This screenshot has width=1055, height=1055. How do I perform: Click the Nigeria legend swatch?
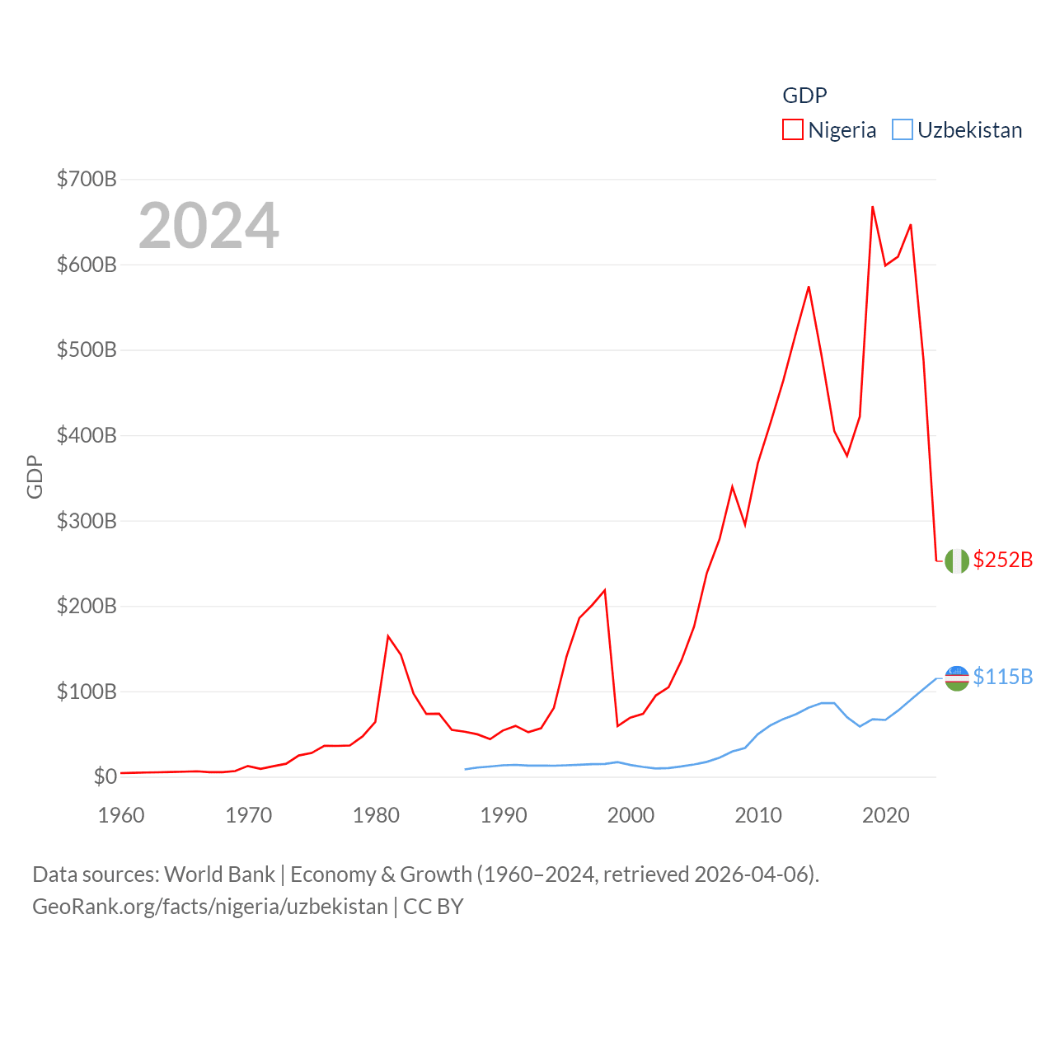click(x=792, y=130)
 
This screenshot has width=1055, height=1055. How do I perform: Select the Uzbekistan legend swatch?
click(x=903, y=130)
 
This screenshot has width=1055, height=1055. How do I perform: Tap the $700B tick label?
click(x=87, y=179)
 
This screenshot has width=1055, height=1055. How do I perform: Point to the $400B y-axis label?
click(x=87, y=435)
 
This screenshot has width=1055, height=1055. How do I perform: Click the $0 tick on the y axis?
click(x=105, y=776)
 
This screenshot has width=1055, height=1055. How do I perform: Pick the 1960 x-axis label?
click(x=121, y=815)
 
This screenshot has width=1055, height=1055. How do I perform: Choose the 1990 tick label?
click(x=504, y=815)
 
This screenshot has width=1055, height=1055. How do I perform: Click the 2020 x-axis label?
click(x=885, y=815)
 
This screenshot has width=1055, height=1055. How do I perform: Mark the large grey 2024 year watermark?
click(x=209, y=225)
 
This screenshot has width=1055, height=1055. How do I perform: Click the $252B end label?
click(x=1002, y=560)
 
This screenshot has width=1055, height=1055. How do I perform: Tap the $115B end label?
click(x=1002, y=677)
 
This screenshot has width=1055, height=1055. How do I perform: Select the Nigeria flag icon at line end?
click(x=957, y=560)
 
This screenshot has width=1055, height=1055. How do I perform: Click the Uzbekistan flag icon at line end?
click(x=957, y=678)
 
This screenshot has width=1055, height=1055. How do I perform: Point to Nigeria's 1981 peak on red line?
click(x=388, y=636)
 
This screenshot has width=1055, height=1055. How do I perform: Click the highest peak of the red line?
click(x=872, y=207)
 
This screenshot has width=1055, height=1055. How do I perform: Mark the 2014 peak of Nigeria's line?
click(x=809, y=287)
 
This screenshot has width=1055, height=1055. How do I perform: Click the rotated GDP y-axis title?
click(x=35, y=476)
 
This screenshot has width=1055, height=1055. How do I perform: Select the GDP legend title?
click(x=804, y=96)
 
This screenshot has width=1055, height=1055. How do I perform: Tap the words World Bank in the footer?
click(x=219, y=874)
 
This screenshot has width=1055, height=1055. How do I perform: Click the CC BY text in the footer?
click(x=434, y=907)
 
